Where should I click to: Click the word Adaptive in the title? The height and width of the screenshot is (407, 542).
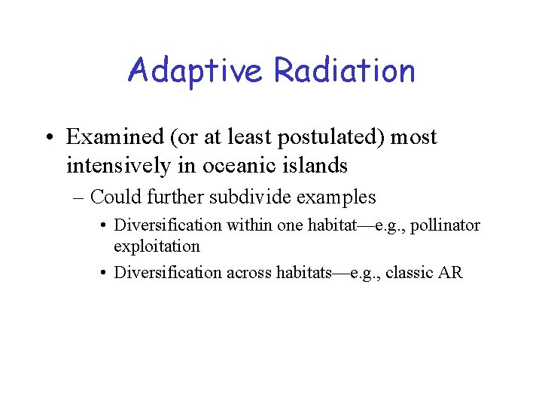(x=196, y=70)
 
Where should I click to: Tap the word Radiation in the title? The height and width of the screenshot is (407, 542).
(x=344, y=70)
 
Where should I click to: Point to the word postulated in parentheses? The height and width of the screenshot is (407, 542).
(x=316, y=137)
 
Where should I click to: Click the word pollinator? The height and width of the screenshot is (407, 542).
(x=447, y=225)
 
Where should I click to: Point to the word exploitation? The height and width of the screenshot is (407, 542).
(x=157, y=246)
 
